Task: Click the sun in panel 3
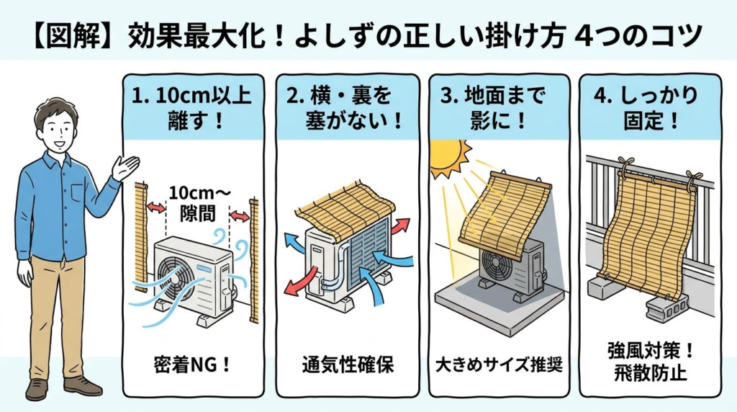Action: coord(449,158)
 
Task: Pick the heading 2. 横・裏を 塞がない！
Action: coord(348,108)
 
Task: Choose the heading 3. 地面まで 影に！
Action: coord(499,108)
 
